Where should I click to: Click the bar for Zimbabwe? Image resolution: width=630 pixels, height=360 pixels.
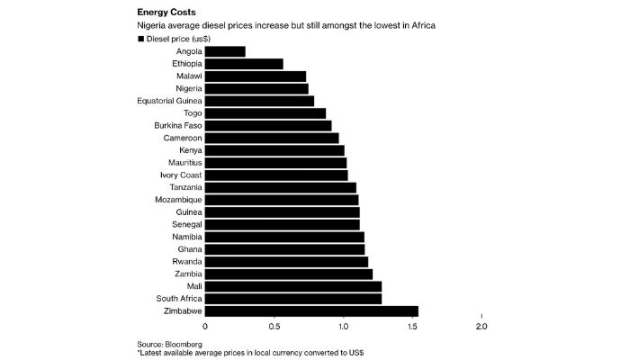[x=311, y=311]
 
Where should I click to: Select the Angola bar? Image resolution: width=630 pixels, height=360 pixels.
[x=225, y=51]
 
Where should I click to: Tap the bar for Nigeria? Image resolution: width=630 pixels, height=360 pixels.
[x=256, y=88]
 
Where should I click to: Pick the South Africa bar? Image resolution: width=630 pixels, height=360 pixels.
[x=293, y=298]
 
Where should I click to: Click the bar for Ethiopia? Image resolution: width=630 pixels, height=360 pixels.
[x=244, y=64]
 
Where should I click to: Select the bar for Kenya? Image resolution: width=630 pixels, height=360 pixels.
[x=274, y=150]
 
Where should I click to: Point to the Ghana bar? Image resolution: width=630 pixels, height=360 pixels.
[x=284, y=248]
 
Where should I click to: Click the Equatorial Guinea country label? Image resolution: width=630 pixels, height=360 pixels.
[x=169, y=101]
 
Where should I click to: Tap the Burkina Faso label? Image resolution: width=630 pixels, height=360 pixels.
[x=177, y=125]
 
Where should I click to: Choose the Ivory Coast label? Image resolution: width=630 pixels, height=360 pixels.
[x=181, y=175]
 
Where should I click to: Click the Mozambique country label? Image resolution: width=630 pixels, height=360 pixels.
[x=179, y=199]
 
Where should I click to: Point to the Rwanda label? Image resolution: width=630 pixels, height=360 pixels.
[x=186, y=261]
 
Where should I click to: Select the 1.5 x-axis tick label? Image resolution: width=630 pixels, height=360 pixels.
[x=412, y=327]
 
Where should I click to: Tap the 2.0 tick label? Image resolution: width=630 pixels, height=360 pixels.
[x=481, y=327]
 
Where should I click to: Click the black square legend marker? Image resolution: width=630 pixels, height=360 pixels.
[x=140, y=40]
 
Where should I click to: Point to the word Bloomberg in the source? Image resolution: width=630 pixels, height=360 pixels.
[x=183, y=344]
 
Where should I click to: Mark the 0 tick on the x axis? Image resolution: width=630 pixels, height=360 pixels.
[x=205, y=327]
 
